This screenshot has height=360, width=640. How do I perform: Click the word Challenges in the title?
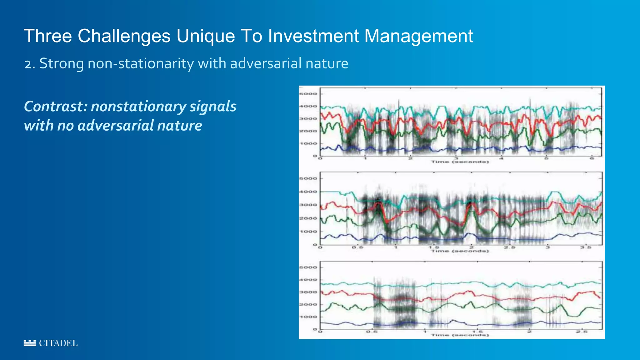(124, 36)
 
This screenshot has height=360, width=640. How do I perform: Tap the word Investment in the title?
(313, 36)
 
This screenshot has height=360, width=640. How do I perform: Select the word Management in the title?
(418, 36)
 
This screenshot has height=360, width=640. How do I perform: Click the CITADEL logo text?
(58, 343)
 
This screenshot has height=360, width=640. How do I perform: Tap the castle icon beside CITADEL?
(30, 343)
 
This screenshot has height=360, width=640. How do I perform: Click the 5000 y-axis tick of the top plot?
(308, 94)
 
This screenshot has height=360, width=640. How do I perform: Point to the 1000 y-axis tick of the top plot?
(308, 143)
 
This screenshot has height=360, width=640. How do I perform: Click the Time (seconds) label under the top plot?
(460, 162)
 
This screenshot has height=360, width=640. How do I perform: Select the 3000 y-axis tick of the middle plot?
(308, 205)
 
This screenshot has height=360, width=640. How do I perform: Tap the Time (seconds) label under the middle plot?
(460, 251)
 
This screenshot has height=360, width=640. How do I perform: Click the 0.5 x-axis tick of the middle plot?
(357, 247)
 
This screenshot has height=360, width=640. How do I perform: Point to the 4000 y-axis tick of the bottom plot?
(308, 280)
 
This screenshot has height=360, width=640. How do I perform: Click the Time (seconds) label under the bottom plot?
(460, 335)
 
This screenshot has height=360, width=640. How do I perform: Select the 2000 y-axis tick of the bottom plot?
(308, 304)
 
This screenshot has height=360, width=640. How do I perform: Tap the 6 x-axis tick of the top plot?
(592, 158)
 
